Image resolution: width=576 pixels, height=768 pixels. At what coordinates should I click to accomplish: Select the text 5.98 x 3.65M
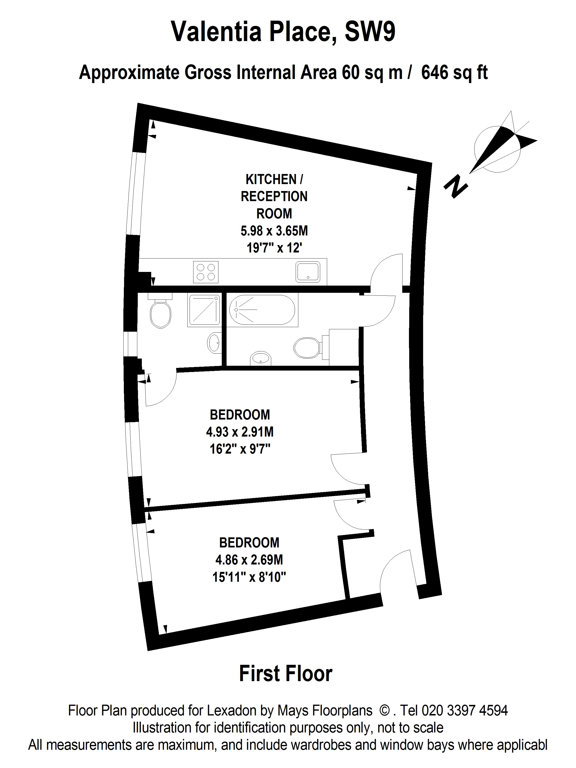pyautogui.click(x=274, y=231)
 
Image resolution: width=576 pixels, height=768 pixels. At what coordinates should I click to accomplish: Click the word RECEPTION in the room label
pyautogui.click(x=274, y=197)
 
